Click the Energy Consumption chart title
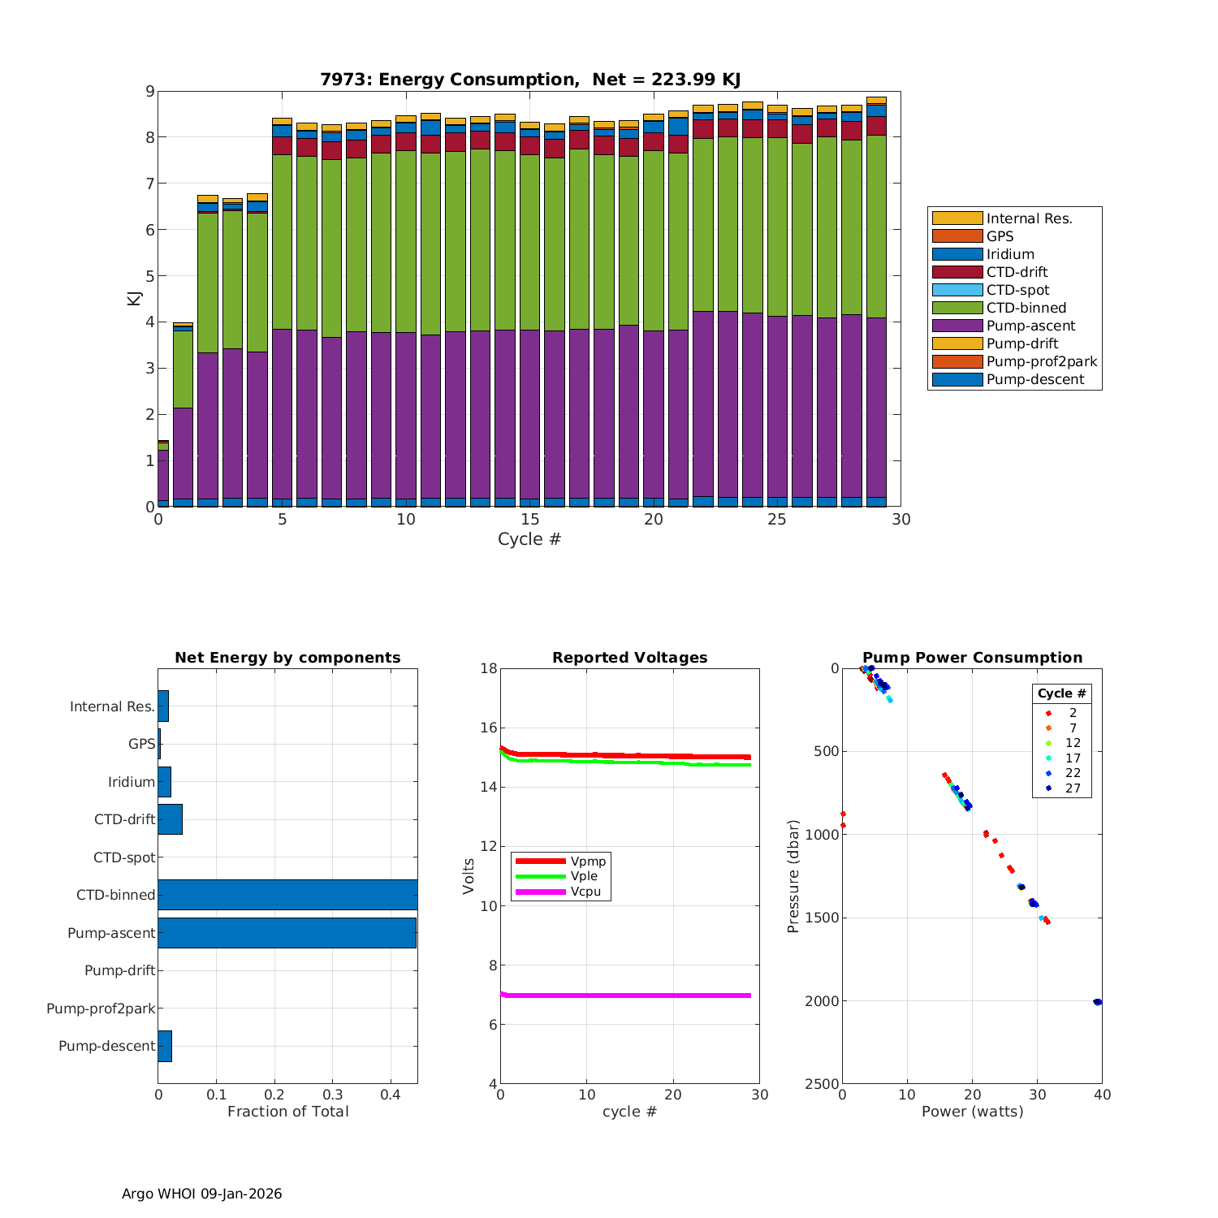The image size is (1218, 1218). click(529, 80)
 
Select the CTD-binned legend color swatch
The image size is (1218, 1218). click(957, 308)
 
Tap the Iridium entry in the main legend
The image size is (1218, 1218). click(1010, 254)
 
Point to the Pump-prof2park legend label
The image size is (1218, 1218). click(1042, 361)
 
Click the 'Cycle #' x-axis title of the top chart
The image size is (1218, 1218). click(529, 539)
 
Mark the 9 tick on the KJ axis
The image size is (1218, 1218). click(149, 91)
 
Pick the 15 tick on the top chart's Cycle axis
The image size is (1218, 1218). click(529, 520)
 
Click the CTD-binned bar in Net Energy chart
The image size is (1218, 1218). click(287, 894)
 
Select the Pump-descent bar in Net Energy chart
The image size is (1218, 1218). click(165, 1046)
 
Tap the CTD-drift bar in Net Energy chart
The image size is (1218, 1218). click(170, 819)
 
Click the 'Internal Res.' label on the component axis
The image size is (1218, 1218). click(112, 706)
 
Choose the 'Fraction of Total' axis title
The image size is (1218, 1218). click(287, 1112)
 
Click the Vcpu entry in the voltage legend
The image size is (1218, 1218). click(585, 892)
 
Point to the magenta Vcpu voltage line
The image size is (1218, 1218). click(625, 995)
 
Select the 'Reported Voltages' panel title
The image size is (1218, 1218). click(629, 658)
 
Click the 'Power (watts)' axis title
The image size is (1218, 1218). click(972, 1112)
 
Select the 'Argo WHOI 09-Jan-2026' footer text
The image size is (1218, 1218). click(201, 1194)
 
